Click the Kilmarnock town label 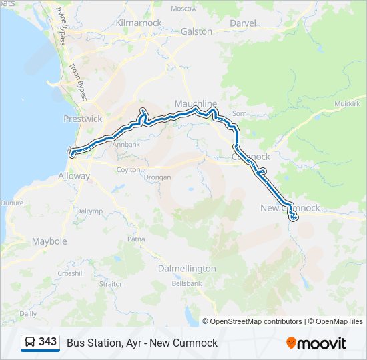[x=139, y=23]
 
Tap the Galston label [x=196, y=31]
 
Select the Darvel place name [x=242, y=23]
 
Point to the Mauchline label [x=196, y=104]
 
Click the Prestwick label [x=83, y=119]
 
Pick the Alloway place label [x=73, y=176]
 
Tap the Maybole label [x=49, y=241]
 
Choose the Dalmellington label [x=187, y=268]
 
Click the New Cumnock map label [x=290, y=208]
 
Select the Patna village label [x=136, y=239]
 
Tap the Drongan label [x=157, y=177]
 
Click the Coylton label [x=129, y=169]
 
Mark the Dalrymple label [x=89, y=211]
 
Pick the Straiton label [x=111, y=283]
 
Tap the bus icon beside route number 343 [x=30, y=342]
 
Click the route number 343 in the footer [x=48, y=342]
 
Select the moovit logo [x=316, y=343]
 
